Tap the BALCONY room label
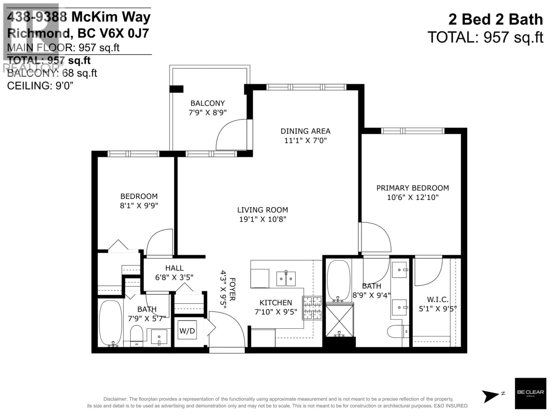pos(207,103)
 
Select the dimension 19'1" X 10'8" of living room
pos(263,219)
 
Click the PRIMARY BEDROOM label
pos(413,188)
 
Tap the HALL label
pos(174,268)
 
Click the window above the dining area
pos(306,87)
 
